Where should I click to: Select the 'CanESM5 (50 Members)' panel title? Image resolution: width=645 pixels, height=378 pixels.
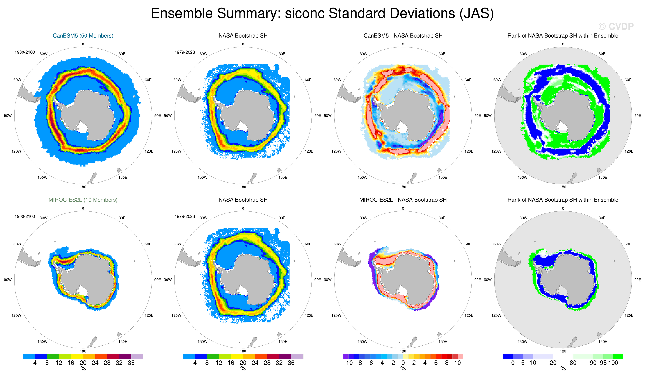83,35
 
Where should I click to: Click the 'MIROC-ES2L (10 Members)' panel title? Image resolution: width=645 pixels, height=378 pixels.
83,200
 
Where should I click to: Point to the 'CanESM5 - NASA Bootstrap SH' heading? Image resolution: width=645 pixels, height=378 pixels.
403,35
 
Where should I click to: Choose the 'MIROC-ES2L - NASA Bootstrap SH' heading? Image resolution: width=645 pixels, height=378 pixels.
403,200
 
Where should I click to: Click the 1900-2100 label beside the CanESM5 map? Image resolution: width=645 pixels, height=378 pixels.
25,52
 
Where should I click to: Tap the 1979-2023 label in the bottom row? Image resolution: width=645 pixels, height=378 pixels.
185,216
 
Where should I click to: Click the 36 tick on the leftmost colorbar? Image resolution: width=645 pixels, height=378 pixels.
131,363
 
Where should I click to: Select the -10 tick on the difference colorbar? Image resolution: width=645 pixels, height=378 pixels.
348,363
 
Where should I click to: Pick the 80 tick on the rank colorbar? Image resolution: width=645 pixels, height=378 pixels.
573,363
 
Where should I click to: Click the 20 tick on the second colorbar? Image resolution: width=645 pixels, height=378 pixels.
243,363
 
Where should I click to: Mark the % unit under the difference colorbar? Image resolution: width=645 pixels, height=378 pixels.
403,368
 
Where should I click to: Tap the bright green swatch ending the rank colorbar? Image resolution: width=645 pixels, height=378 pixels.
618,356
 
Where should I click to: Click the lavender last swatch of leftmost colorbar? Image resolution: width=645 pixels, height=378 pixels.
137,356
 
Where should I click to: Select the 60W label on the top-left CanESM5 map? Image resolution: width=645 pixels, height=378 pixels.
17,80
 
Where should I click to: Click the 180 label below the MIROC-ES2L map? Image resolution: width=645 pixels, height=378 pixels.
83,351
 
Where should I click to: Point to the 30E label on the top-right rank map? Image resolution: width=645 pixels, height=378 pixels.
602,54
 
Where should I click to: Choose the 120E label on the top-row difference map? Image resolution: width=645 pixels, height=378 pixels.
469,151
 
